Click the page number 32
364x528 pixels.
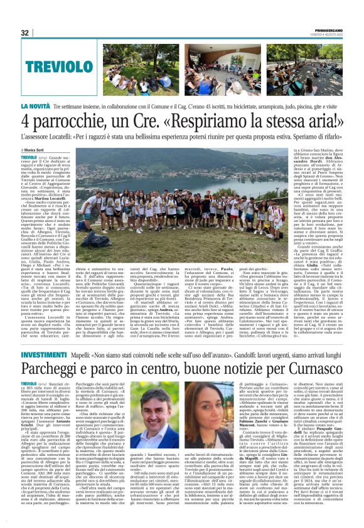click(x=25, y=33)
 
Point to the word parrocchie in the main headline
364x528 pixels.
click(x=75, y=122)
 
